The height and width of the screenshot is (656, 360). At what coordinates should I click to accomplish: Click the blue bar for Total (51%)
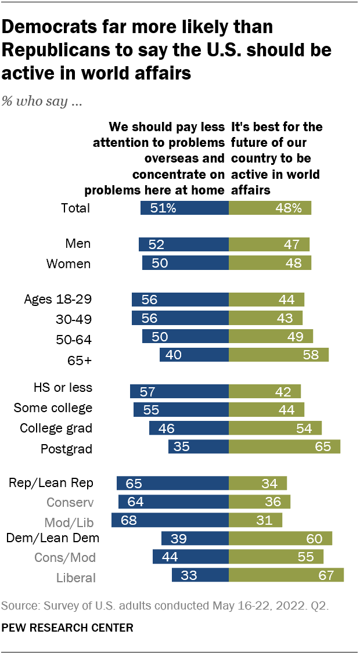[185, 208]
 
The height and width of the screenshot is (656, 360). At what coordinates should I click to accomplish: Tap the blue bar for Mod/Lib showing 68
[170, 520]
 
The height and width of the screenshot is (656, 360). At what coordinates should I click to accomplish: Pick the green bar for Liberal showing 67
[286, 575]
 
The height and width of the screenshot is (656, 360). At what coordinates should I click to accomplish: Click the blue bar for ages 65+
[195, 355]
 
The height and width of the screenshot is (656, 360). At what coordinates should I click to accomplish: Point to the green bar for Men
[269, 244]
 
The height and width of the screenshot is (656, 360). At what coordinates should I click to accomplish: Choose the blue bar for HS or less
[179, 391]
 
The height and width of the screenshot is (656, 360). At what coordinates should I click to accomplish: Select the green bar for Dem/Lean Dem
[280, 538]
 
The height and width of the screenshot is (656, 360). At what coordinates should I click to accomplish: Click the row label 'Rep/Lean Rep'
[51, 483]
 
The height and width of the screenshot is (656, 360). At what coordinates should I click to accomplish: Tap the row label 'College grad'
[56, 428]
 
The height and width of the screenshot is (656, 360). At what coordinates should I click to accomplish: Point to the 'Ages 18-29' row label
[57, 300]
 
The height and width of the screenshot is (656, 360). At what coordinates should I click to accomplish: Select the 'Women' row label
[69, 264]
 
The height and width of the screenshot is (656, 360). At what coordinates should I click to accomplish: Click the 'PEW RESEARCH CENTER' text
[67, 628]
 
